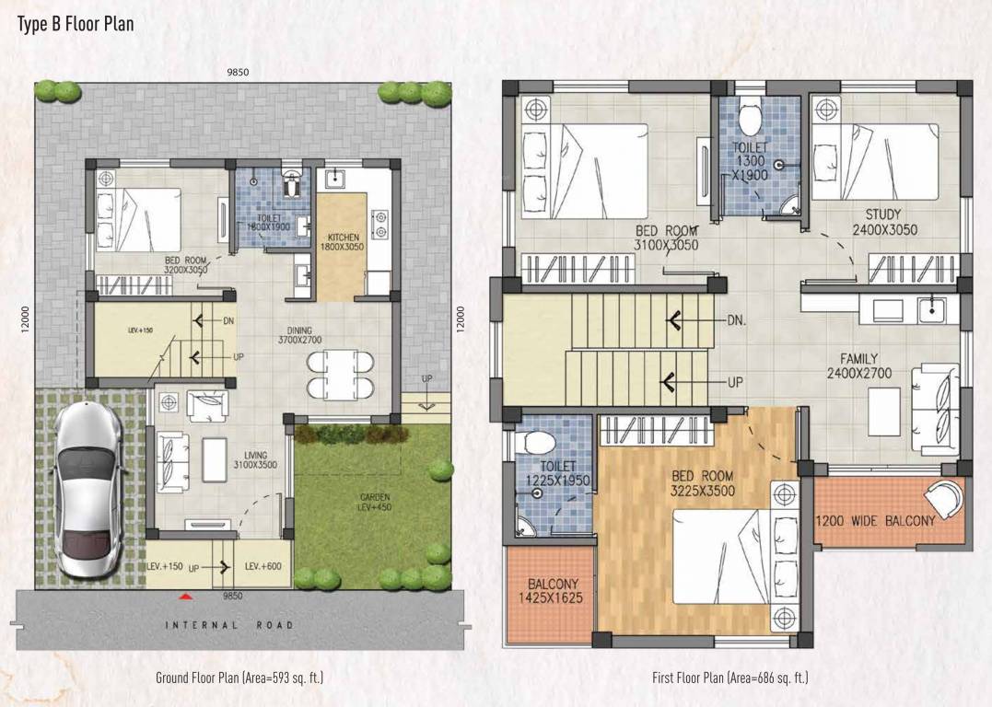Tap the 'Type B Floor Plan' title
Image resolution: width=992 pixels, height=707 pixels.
76,24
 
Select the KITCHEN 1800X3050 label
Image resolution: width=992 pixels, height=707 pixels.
342,241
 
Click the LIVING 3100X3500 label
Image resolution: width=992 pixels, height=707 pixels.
255,460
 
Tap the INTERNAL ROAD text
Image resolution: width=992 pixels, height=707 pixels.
229,625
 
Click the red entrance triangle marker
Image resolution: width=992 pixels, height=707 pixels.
186,597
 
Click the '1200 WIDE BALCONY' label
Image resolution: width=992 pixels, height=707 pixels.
875,521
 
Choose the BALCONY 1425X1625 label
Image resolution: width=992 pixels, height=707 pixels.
553,591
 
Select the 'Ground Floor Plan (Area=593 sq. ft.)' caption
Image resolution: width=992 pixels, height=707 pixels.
239,678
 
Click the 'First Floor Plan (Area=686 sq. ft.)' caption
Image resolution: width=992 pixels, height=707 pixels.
729,678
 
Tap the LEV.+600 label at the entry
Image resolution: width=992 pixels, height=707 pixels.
263,567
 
